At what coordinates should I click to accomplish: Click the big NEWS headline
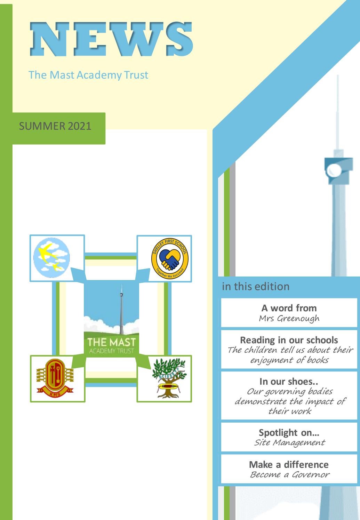click(111, 39)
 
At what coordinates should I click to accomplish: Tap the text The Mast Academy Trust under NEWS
click(88, 75)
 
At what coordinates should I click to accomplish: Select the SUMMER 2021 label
click(55, 126)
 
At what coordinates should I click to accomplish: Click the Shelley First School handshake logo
click(170, 258)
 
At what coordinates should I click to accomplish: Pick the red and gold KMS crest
click(51, 379)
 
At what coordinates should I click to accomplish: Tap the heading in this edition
click(256, 287)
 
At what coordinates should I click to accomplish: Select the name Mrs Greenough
click(289, 318)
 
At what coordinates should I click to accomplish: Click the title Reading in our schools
click(289, 340)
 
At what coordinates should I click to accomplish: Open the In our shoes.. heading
click(289, 382)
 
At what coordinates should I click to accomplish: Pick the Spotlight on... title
click(289, 432)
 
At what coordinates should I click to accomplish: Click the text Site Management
click(289, 442)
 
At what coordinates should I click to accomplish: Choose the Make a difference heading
click(289, 464)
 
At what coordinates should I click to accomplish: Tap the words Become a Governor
click(289, 474)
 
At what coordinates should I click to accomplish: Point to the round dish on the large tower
click(335, 170)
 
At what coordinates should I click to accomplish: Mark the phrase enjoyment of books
click(289, 360)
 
